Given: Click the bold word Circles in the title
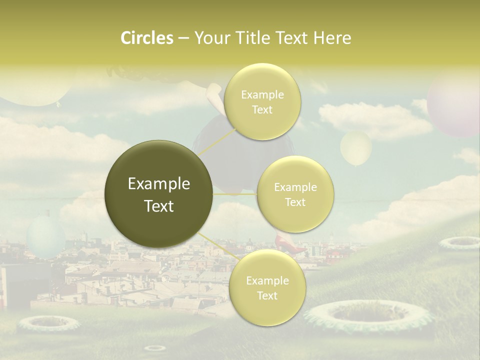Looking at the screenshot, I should (147, 38).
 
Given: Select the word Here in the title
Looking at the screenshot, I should (332, 38).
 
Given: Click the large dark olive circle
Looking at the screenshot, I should (159, 194).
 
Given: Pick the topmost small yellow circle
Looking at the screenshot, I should (262, 102).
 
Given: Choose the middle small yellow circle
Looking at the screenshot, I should (295, 194).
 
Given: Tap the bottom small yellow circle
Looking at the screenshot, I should (267, 288).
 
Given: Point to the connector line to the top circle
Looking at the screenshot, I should (217, 141).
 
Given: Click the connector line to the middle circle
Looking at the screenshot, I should (235, 194).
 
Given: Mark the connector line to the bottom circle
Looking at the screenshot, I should (217, 246).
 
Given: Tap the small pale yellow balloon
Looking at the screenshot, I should (356, 147).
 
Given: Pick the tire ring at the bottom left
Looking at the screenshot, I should (48, 323).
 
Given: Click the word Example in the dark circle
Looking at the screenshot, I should (159, 184).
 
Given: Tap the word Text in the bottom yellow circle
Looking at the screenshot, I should (267, 295).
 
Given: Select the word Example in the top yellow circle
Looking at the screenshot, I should (262, 94).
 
